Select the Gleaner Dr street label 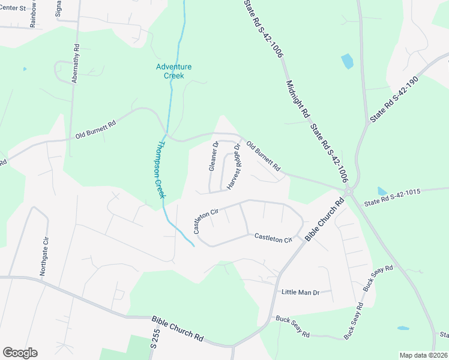coord(213,156)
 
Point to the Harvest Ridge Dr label coord(234,167)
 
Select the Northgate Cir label coord(44,256)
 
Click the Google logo coord(20,353)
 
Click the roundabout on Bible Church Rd coord(348,191)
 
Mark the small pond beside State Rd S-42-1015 coord(382,191)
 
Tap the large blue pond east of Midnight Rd coord(347,61)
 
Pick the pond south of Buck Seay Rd coord(403,328)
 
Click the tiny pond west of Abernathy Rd coord(25,69)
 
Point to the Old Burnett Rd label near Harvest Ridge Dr coord(264,157)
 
